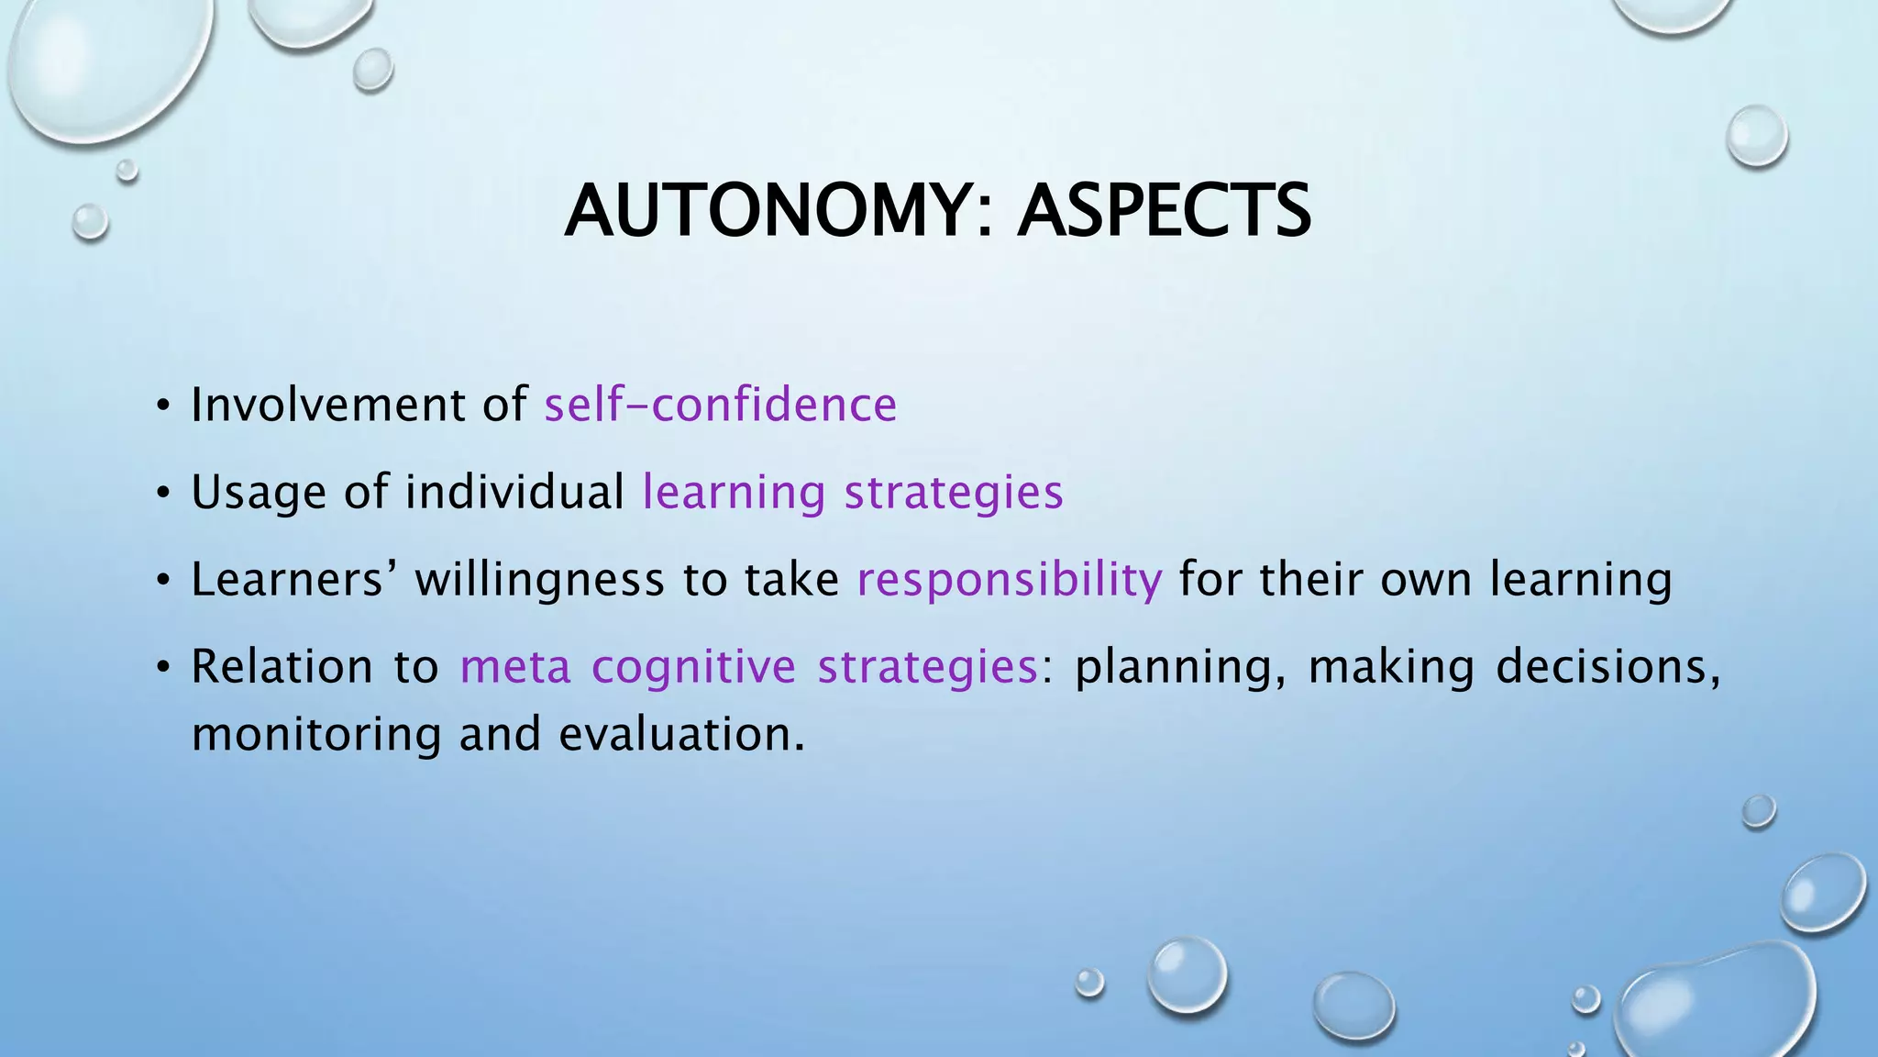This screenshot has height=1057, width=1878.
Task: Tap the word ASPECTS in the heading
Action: coord(1164,211)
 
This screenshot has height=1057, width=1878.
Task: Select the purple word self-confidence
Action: coord(721,405)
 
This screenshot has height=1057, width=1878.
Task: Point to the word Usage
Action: coord(259,492)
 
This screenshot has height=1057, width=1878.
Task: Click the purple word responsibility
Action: coord(1010,580)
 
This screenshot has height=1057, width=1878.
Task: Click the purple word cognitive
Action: coord(693,666)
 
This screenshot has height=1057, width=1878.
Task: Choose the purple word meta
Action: coord(515,666)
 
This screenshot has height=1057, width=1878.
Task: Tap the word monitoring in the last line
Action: coord(316,735)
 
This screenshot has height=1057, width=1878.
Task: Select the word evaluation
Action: coord(681,734)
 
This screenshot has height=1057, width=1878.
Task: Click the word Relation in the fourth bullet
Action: coord(282,666)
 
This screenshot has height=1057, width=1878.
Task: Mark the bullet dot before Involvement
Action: coord(163,406)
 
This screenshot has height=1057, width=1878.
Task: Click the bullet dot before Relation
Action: coord(163,667)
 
